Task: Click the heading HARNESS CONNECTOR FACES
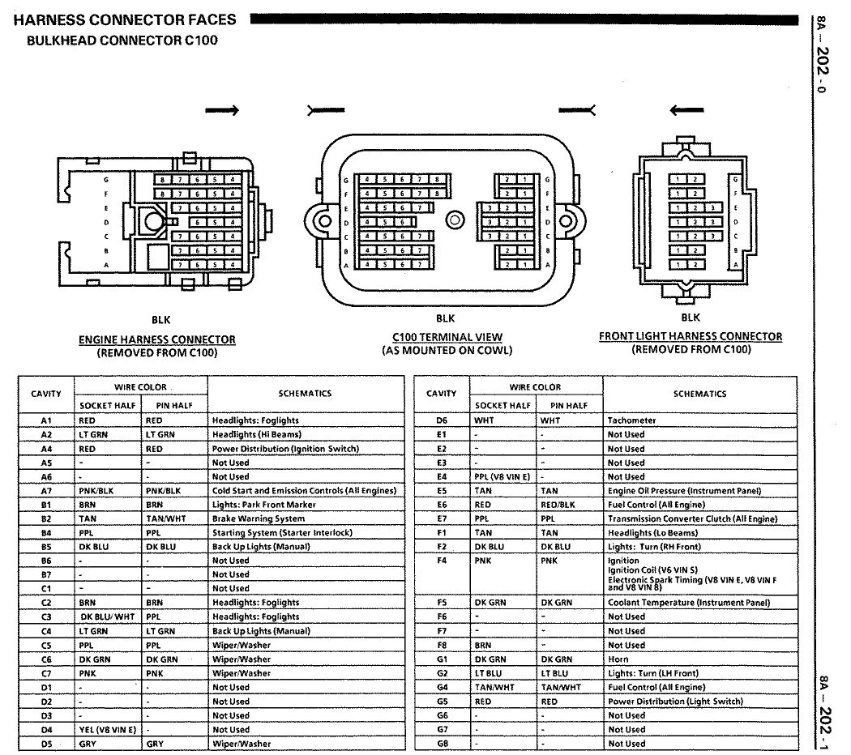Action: coord(126,19)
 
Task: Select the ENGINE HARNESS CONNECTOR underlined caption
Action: coord(156,340)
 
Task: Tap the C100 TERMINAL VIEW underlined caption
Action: coord(447,337)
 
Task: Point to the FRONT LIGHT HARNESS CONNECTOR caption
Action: coord(691,336)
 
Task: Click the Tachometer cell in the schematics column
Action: coord(631,420)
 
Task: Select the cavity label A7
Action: coord(46,491)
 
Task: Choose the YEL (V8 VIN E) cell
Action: coord(109,729)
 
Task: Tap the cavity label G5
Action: coord(442,702)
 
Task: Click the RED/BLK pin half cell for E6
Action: coord(559,505)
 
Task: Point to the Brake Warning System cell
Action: coord(258,518)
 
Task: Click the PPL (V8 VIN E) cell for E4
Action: coord(502,476)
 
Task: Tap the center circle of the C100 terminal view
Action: coord(455,220)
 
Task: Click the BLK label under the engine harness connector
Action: coord(160,320)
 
